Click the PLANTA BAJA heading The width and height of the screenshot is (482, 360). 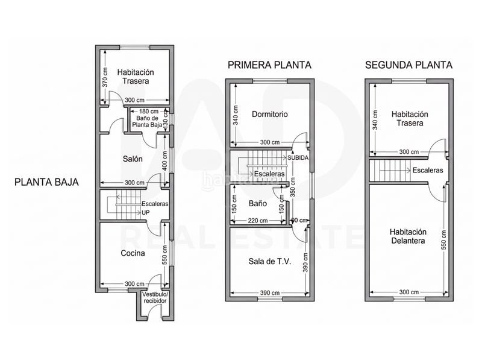46,180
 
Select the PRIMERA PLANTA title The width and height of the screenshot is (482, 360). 269,65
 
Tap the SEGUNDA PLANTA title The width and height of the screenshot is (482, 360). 409,65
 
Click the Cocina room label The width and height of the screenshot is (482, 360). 133,253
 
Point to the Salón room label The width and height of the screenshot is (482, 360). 133,159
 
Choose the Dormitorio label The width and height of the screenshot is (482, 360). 269,113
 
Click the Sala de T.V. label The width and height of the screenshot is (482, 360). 269,261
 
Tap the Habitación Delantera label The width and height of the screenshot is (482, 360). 408,236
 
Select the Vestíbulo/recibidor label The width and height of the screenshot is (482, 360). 155,297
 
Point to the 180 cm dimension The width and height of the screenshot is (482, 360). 149,112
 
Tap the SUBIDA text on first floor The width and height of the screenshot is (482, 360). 299,157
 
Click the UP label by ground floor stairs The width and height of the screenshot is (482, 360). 146,212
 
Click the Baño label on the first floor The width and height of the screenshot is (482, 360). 257,204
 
